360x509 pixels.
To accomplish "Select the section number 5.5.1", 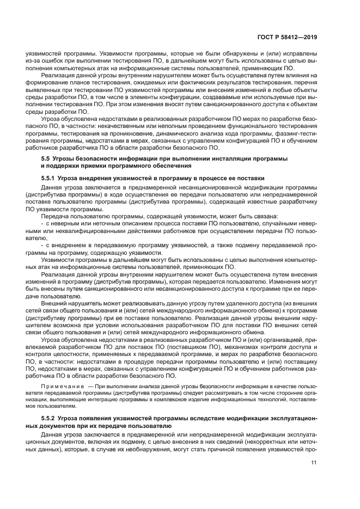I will tap(50, 178).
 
